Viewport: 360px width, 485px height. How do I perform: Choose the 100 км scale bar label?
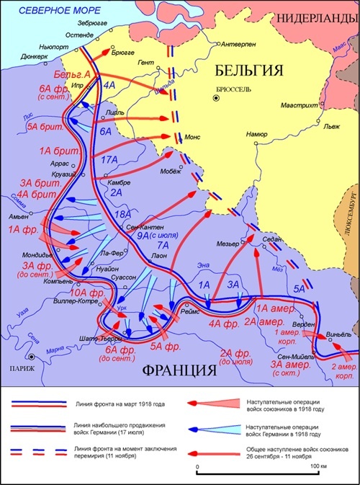315,468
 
